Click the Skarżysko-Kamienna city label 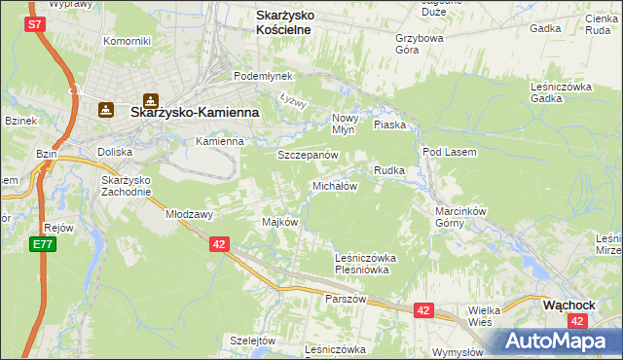194,113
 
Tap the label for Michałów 335,185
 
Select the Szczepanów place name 308,155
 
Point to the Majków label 279,222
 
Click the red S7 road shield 35,22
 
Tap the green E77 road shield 42,243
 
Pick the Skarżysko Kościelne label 296,22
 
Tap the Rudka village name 389,170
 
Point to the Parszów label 346,299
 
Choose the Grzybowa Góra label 420,46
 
